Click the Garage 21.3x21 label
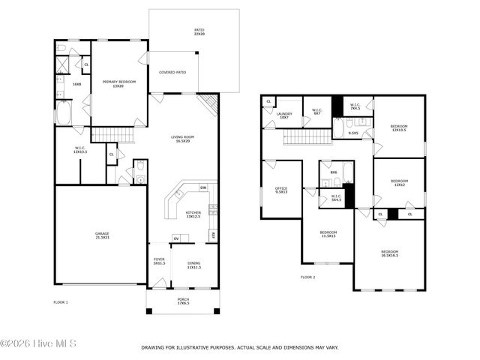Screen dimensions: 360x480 pyautogui.click(x=102, y=235)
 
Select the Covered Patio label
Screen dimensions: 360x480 pyautogui.click(x=172, y=73)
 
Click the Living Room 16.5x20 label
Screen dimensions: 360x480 pyautogui.click(x=182, y=139)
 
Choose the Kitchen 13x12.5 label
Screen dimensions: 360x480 pyautogui.click(x=193, y=214)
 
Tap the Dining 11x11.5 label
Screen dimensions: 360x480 pyautogui.click(x=193, y=265)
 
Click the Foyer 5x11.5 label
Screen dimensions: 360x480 pyautogui.click(x=159, y=260)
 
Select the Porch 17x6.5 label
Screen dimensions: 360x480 pyautogui.click(x=183, y=301)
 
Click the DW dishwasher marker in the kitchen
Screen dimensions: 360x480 pyautogui.click(x=203, y=187)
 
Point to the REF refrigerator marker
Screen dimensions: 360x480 pyautogui.click(x=213, y=235)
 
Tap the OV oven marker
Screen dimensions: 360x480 pyautogui.click(x=177, y=238)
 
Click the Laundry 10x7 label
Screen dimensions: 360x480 pyautogui.click(x=283, y=116)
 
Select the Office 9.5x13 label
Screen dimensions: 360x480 pyautogui.click(x=281, y=190)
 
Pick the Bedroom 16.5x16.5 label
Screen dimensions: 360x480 pyautogui.click(x=389, y=253)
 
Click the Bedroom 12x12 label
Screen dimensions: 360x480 pyautogui.click(x=399, y=182)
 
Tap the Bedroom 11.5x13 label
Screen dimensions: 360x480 pyautogui.click(x=328, y=234)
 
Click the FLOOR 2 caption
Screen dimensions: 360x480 pyautogui.click(x=308, y=277)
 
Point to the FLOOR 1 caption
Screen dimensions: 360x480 pyautogui.click(x=61, y=302)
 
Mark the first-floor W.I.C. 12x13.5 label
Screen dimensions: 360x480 pyautogui.click(x=80, y=150)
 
